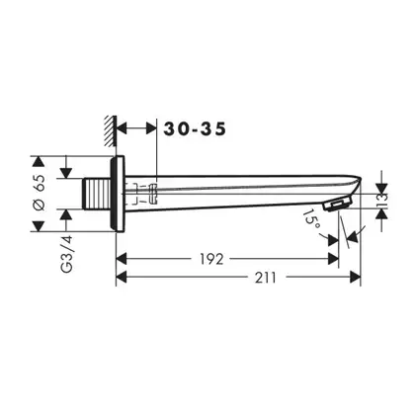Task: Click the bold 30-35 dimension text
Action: (x=195, y=128)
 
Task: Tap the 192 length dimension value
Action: (x=211, y=259)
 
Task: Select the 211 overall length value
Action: (x=266, y=278)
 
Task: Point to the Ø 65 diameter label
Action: (x=40, y=193)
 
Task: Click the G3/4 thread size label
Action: (x=67, y=254)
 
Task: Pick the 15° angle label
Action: (x=311, y=220)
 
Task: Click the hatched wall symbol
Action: (x=111, y=131)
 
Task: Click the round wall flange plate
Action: (x=117, y=194)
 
